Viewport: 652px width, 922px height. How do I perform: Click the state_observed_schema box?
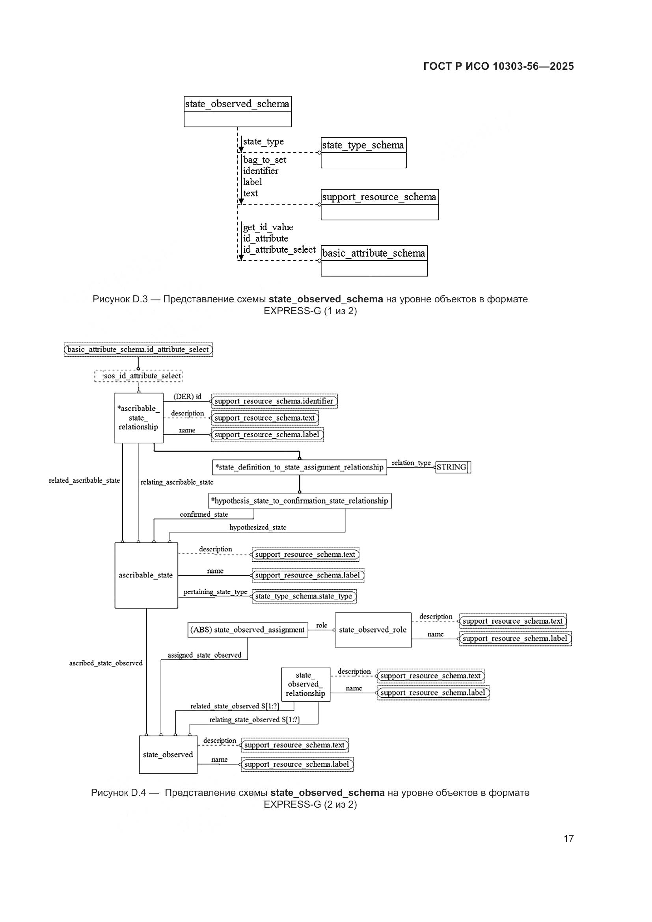tap(238, 111)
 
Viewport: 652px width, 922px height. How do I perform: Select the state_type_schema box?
tap(363, 153)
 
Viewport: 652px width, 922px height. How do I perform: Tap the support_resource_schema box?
tap(379, 205)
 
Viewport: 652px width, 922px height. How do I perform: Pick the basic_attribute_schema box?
tap(374, 261)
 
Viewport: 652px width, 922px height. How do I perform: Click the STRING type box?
tap(453, 467)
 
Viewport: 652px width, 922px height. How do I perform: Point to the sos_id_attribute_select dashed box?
tap(138, 376)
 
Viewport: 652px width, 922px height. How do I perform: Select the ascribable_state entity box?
tap(146, 576)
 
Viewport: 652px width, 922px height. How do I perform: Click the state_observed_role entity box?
tap(373, 630)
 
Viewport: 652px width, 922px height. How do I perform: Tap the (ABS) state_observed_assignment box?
tap(247, 630)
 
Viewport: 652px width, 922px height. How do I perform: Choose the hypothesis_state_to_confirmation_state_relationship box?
tap(300, 501)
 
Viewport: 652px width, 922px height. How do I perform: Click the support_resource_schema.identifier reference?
tap(274, 401)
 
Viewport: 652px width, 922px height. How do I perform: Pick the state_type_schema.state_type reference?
tap(304, 596)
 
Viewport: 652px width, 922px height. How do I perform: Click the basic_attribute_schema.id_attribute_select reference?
tap(138, 349)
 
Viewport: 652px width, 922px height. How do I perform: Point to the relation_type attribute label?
tap(411, 463)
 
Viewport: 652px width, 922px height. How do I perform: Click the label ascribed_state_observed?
tap(106, 663)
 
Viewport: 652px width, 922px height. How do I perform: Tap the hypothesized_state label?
tap(258, 527)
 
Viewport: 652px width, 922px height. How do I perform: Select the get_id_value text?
tap(268, 227)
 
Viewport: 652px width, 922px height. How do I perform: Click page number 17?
tap(568, 838)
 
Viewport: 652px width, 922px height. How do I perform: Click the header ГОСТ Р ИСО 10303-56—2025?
tap(498, 66)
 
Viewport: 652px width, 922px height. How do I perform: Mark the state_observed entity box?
tap(168, 754)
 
